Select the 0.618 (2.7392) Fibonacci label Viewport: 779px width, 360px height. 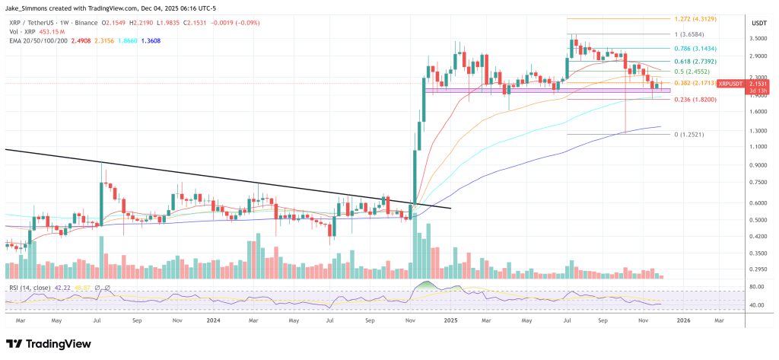point(693,61)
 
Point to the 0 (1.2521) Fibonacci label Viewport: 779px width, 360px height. point(690,135)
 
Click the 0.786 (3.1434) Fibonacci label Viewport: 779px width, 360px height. point(693,48)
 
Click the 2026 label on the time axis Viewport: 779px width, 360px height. point(684,321)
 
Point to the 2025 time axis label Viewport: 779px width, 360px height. point(450,321)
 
